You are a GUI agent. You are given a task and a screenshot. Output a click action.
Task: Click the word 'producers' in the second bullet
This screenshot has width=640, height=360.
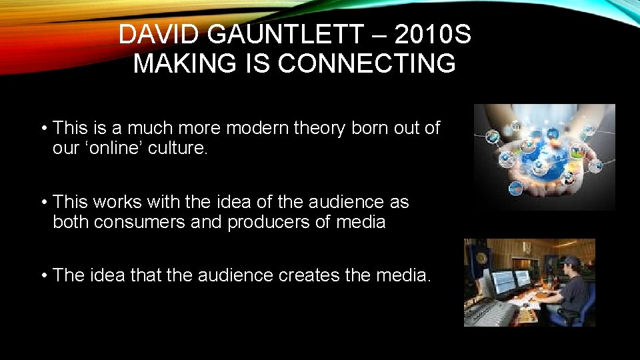coord(270,222)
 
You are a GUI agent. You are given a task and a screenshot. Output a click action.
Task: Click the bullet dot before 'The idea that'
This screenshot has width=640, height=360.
coord(43,275)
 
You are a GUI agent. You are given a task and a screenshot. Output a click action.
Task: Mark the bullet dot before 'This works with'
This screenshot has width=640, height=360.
coord(43,201)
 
